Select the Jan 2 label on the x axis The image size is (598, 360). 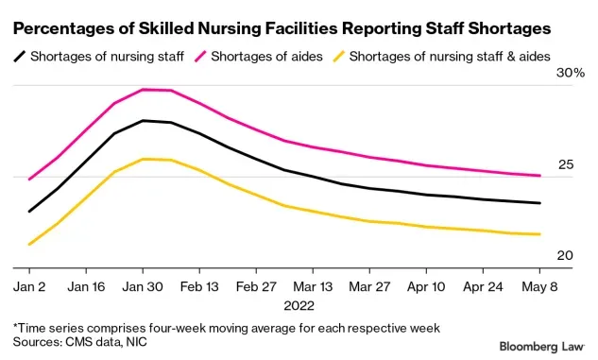(29, 284)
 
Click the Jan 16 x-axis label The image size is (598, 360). (86, 284)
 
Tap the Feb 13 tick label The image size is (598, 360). (199, 284)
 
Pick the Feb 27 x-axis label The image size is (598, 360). (256, 284)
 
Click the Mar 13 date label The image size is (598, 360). (313, 284)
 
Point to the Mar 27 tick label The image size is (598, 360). (369, 284)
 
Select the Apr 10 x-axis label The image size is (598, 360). (426, 284)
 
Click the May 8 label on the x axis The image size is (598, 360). (539, 284)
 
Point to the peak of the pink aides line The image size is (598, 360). (144, 90)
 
